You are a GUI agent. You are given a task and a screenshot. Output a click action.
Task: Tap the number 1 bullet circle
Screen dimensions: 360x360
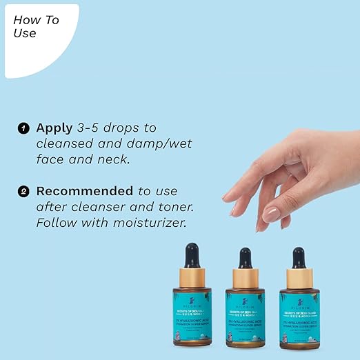coord(24,128)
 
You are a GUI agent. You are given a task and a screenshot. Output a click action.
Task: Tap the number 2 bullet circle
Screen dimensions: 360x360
coord(24,191)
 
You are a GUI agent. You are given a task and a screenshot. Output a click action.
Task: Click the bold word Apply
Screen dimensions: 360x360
coord(54,128)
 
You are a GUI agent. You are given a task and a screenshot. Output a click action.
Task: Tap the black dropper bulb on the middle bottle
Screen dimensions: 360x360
coord(245,257)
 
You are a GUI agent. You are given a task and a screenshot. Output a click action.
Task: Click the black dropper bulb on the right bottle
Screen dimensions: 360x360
coord(299,257)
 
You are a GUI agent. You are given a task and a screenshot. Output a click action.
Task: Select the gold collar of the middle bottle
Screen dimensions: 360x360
coord(245,279)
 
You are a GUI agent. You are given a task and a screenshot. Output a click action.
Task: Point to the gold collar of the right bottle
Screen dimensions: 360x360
coord(299,278)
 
